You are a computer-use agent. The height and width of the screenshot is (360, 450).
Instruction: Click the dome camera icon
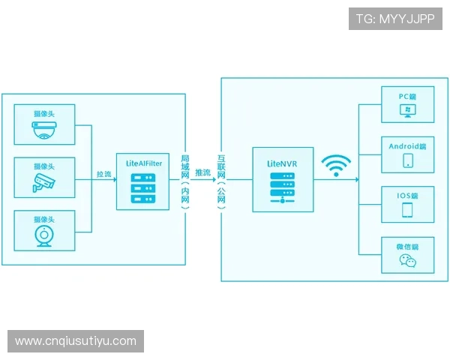pos(44,132)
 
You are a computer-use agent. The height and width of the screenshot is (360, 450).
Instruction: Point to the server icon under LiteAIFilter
pos(141,188)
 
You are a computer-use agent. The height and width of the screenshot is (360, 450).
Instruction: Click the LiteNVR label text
pos(282,162)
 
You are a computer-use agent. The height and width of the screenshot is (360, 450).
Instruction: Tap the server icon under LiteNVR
pos(282,187)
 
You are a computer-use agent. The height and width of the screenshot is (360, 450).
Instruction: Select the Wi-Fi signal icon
pos(335,166)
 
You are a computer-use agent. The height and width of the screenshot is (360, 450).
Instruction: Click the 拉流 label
pos(103,174)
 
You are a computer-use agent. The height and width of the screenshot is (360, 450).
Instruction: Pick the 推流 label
pos(202,173)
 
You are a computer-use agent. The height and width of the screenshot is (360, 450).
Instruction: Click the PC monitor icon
pos(408,111)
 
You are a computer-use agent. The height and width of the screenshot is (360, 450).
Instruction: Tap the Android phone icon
pos(408,160)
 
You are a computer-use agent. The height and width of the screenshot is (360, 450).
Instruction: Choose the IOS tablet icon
pos(408,210)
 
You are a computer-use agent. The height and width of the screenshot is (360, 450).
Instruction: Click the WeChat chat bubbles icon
pos(407,261)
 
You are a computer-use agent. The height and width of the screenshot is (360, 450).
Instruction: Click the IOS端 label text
pos(408,196)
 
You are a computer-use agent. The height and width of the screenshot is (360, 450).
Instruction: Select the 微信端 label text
pos(407,246)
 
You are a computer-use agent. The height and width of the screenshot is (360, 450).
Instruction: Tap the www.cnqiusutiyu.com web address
pos(76,341)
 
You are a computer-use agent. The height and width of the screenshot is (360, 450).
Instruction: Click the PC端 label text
pos(408,97)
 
